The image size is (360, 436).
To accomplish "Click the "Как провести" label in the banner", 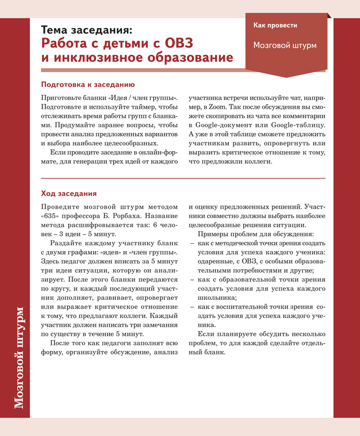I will pos(275,25).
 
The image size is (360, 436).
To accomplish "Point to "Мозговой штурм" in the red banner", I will pos(285,45).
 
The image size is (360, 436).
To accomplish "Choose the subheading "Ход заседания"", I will pos(69,193).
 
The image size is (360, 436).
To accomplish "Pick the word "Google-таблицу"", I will pos(298,125).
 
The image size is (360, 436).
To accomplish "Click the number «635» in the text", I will pos(53,215).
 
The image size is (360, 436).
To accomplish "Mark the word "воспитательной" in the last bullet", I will pos(244,307).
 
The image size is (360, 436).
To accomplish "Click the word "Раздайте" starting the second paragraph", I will pos(65,243).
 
